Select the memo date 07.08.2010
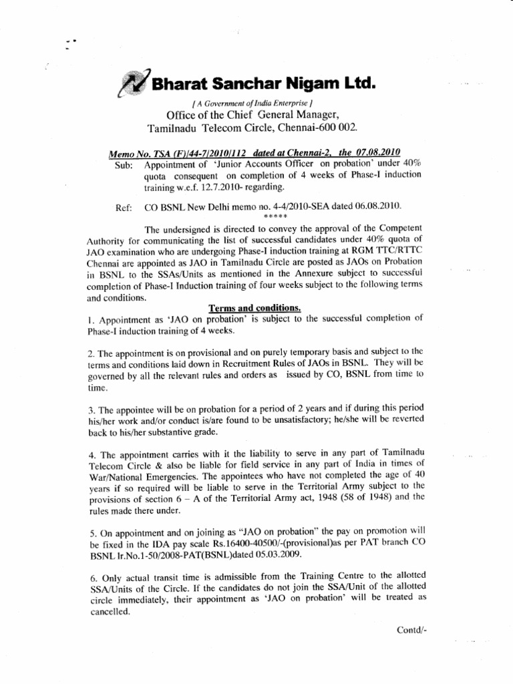(x=378, y=154)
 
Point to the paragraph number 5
(x=90, y=534)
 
